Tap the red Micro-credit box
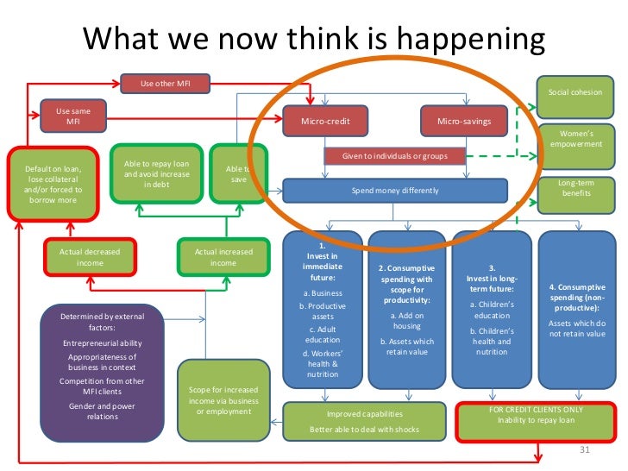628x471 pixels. click(324, 122)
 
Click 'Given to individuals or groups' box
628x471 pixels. click(393, 157)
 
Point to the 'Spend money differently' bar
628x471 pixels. click(393, 190)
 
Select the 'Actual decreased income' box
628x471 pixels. click(90, 257)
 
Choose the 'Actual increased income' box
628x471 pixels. click(223, 257)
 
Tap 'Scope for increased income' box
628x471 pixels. click(223, 400)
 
